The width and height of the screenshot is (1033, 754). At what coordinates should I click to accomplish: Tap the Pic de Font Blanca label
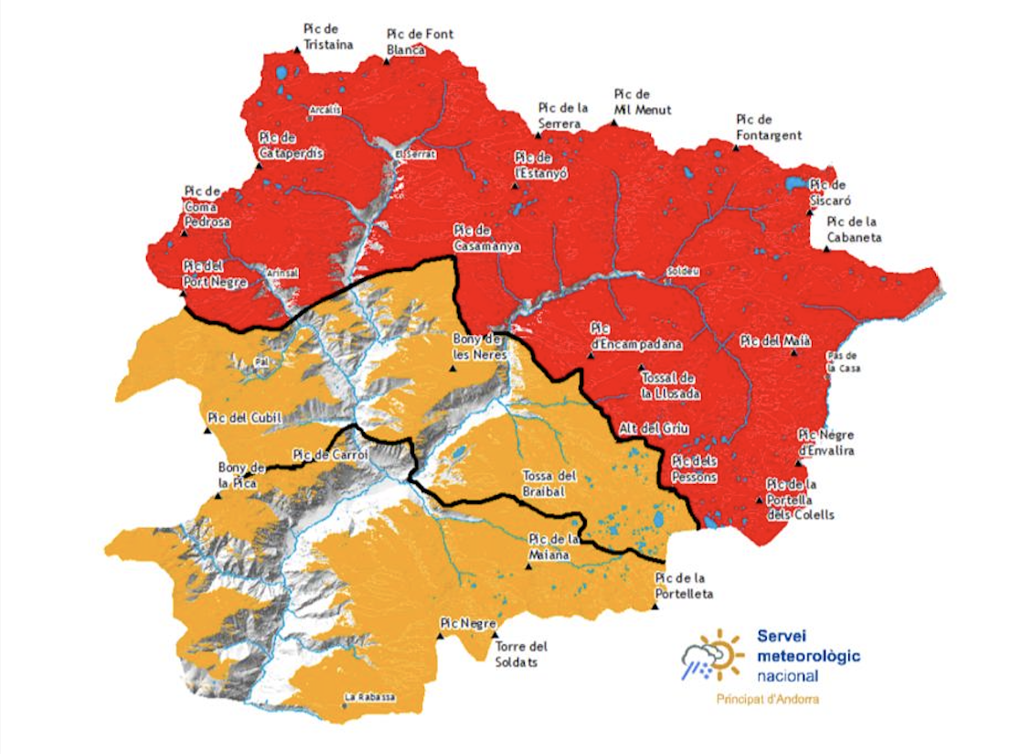[x=420, y=42]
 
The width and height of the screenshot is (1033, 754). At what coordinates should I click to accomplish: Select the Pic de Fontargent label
[x=768, y=127]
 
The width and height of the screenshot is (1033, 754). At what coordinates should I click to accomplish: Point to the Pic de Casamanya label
[x=486, y=238]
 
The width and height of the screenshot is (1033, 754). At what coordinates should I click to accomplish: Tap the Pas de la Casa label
[x=841, y=361]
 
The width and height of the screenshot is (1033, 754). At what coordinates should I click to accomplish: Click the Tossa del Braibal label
[x=549, y=482]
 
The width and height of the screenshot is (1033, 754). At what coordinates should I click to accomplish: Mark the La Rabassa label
[x=370, y=697]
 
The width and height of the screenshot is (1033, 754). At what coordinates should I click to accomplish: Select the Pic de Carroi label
[x=330, y=454]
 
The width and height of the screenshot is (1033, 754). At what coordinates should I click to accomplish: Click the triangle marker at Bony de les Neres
[x=453, y=369]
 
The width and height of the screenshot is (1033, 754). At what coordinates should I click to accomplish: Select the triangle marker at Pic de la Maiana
[x=528, y=566]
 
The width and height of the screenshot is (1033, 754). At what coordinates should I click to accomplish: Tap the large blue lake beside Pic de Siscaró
[x=799, y=183]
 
